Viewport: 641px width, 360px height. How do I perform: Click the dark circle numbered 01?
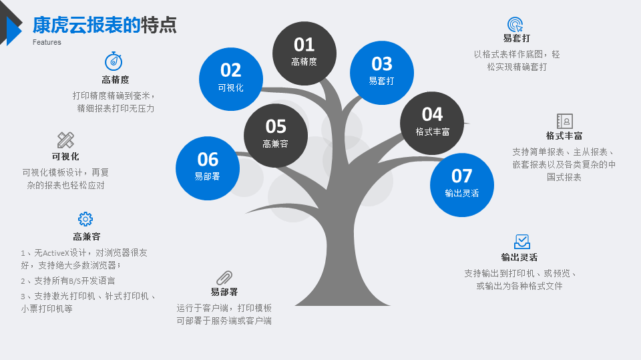point(304,53)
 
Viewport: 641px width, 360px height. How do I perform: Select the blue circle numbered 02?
point(231,79)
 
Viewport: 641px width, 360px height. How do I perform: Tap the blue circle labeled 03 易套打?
point(382,73)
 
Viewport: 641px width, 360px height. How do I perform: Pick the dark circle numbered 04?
point(432,123)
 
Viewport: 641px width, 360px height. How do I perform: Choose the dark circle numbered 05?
point(276,136)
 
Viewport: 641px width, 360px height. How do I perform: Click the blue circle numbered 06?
point(208,168)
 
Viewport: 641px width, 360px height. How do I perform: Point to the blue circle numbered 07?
point(462,185)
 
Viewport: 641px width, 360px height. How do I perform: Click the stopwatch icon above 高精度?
point(114,61)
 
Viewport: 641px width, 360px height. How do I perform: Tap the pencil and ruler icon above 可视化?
point(65,140)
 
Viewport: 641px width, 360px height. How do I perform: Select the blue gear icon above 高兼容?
point(85,219)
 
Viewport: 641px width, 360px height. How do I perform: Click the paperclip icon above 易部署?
point(224,278)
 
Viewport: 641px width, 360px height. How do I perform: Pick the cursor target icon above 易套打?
point(515,24)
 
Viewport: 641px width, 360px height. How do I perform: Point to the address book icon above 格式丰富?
point(565,121)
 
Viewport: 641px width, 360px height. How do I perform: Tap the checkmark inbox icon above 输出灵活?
point(522,242)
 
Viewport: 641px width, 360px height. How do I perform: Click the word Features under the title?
point(47,42)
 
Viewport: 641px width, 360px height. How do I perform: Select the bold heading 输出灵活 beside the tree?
point(519,257)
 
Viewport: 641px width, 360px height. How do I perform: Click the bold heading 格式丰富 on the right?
point(564,136)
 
